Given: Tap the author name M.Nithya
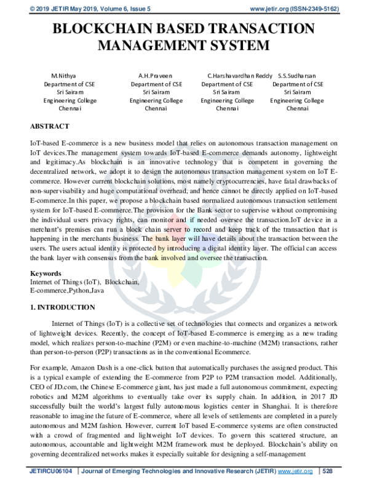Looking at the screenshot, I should [x=63, y=75].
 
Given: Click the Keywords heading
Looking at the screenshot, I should [x=46, y=273].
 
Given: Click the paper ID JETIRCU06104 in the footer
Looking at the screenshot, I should [x=49, y=470].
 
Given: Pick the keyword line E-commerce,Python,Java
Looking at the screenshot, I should [x=63, y=289].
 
